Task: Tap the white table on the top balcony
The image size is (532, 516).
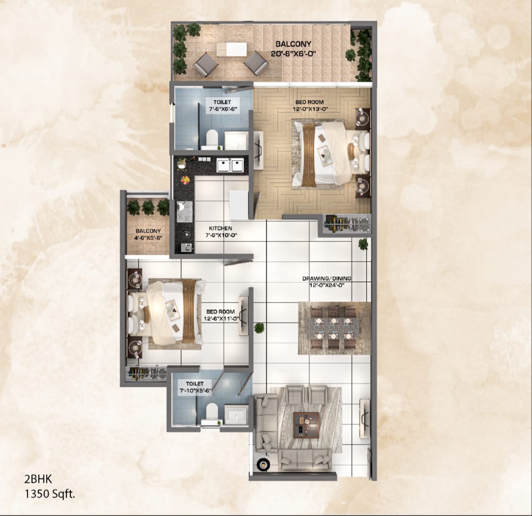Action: tap(232, 49)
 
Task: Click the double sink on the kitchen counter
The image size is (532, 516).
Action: tap(230, 165)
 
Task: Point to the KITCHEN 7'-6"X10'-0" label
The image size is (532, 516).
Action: tap(220, 232)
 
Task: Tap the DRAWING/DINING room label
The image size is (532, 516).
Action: tap(327, 281)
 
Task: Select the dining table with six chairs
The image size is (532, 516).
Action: tap(334, 328)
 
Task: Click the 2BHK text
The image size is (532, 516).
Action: tap(37, 478)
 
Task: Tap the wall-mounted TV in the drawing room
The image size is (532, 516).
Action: tap(365, 418)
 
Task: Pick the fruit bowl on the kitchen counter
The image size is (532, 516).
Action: tap(185, 180)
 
